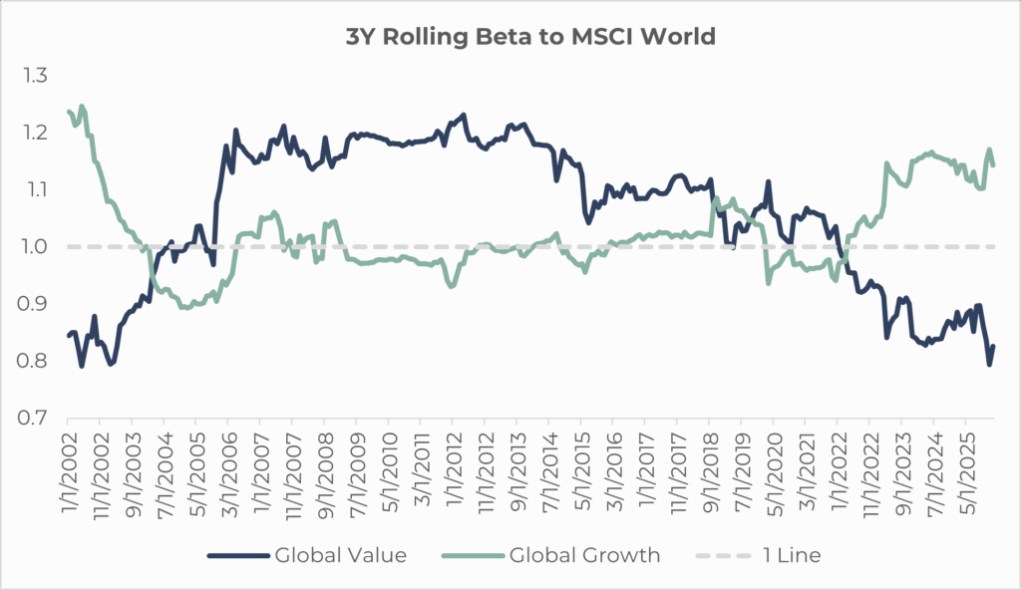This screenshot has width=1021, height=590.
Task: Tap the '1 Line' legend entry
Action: pyautogui.click(x=762, y=555)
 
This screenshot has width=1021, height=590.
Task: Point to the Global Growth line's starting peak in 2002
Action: pyautogui.click(x=82, y=107)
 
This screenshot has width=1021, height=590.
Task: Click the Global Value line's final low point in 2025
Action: pyautogui.click(x=990, y=364)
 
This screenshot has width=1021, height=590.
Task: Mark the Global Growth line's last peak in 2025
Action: pyautogui.click(x=990, y=150)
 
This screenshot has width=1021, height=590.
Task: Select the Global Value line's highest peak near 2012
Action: pyautogui.click(x=464, y=116)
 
